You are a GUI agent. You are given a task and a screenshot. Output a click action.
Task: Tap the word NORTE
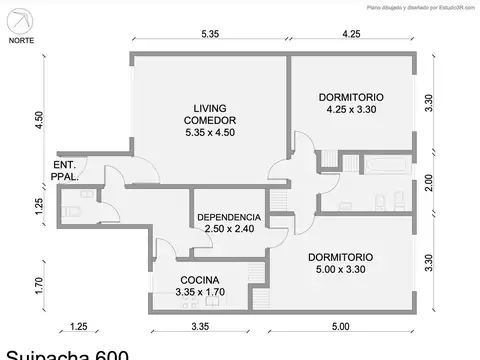[23, 41]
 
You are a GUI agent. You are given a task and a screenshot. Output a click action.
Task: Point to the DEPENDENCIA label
[229, 217]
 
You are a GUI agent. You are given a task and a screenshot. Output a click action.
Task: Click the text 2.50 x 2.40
[229, 229]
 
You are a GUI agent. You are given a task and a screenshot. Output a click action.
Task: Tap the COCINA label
[200, 280]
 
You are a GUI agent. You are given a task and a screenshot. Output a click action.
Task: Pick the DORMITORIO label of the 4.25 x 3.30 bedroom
[351, 97]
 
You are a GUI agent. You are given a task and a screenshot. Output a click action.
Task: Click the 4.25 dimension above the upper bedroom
[351, 34]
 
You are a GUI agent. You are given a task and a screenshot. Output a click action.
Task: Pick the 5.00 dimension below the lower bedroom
[341, 326]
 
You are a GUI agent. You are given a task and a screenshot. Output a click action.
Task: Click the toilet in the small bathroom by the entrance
[71, 212]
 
